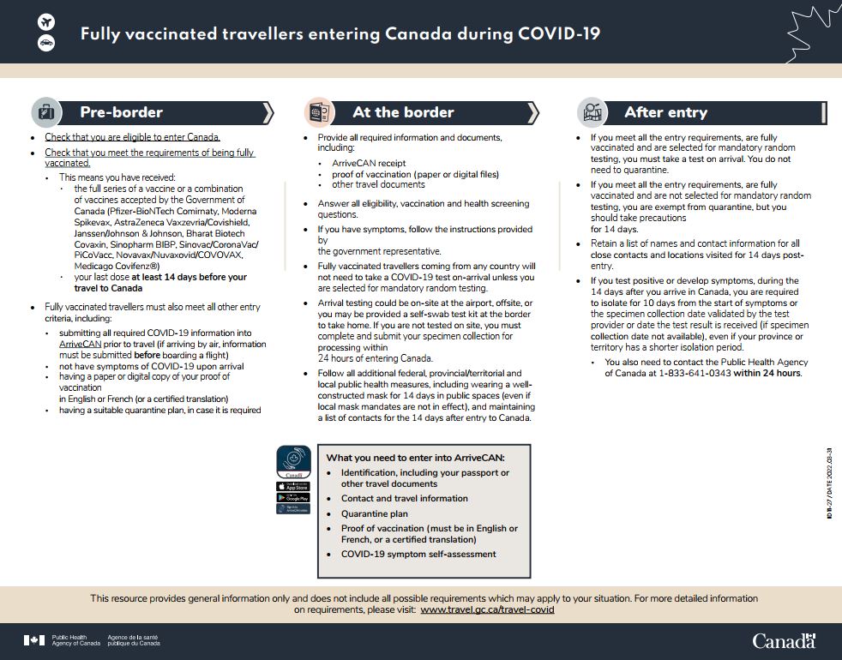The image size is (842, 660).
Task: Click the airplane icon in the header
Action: (x=46, y=21)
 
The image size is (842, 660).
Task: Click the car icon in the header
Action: (x=46, y=43)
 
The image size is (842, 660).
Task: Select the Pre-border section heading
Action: (x=121, y=112)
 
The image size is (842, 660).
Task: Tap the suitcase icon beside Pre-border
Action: (x=45, y=112)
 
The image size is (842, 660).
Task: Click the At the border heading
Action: (x=403, y=112)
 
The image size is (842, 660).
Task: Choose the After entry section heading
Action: (x=665, y=112)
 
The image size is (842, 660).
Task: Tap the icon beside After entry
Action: (x=592, y=112)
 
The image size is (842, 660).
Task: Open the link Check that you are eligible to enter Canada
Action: (x=132, y=137)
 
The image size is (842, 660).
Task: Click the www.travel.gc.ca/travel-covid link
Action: (x=487, y=609)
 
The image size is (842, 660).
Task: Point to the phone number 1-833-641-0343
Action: (x=695, y=373)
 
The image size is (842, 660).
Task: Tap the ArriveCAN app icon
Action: (x=293, y=461)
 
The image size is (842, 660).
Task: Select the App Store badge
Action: (x=293, y=485)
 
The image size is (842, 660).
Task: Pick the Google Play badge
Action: (x=293, y=497)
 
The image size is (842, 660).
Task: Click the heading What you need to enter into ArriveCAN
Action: (x=415, y=458)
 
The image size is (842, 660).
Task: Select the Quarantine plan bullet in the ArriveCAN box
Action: (x=374, y=514)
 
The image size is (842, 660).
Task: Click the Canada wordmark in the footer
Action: (x=784, y=640)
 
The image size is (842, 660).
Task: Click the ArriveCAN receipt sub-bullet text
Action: (x=369, y=163)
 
